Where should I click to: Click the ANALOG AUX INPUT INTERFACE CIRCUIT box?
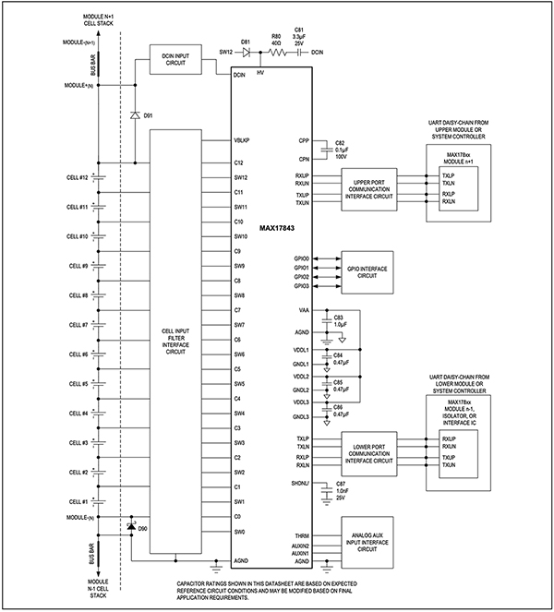368,541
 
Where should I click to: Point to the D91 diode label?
149,116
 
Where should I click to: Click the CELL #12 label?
77,177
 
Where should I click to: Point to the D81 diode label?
247,42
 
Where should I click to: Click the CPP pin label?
304,141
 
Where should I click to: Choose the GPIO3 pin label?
300,288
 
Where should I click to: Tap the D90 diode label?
143,529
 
